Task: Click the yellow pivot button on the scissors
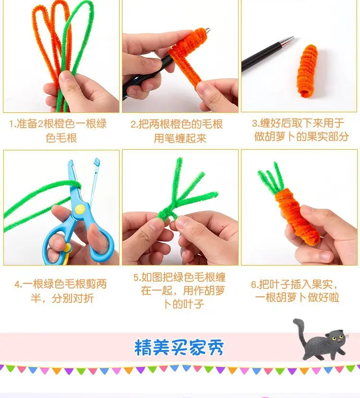coord(80,209)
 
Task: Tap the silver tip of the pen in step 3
coord(288,41)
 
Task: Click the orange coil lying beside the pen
coord(307,71)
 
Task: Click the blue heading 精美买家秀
coord(179,347)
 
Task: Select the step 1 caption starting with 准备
coord(58,131)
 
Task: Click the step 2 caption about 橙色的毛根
coord(177,131)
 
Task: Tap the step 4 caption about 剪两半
coord(61,291)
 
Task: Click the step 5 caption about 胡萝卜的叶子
coord(180,290)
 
